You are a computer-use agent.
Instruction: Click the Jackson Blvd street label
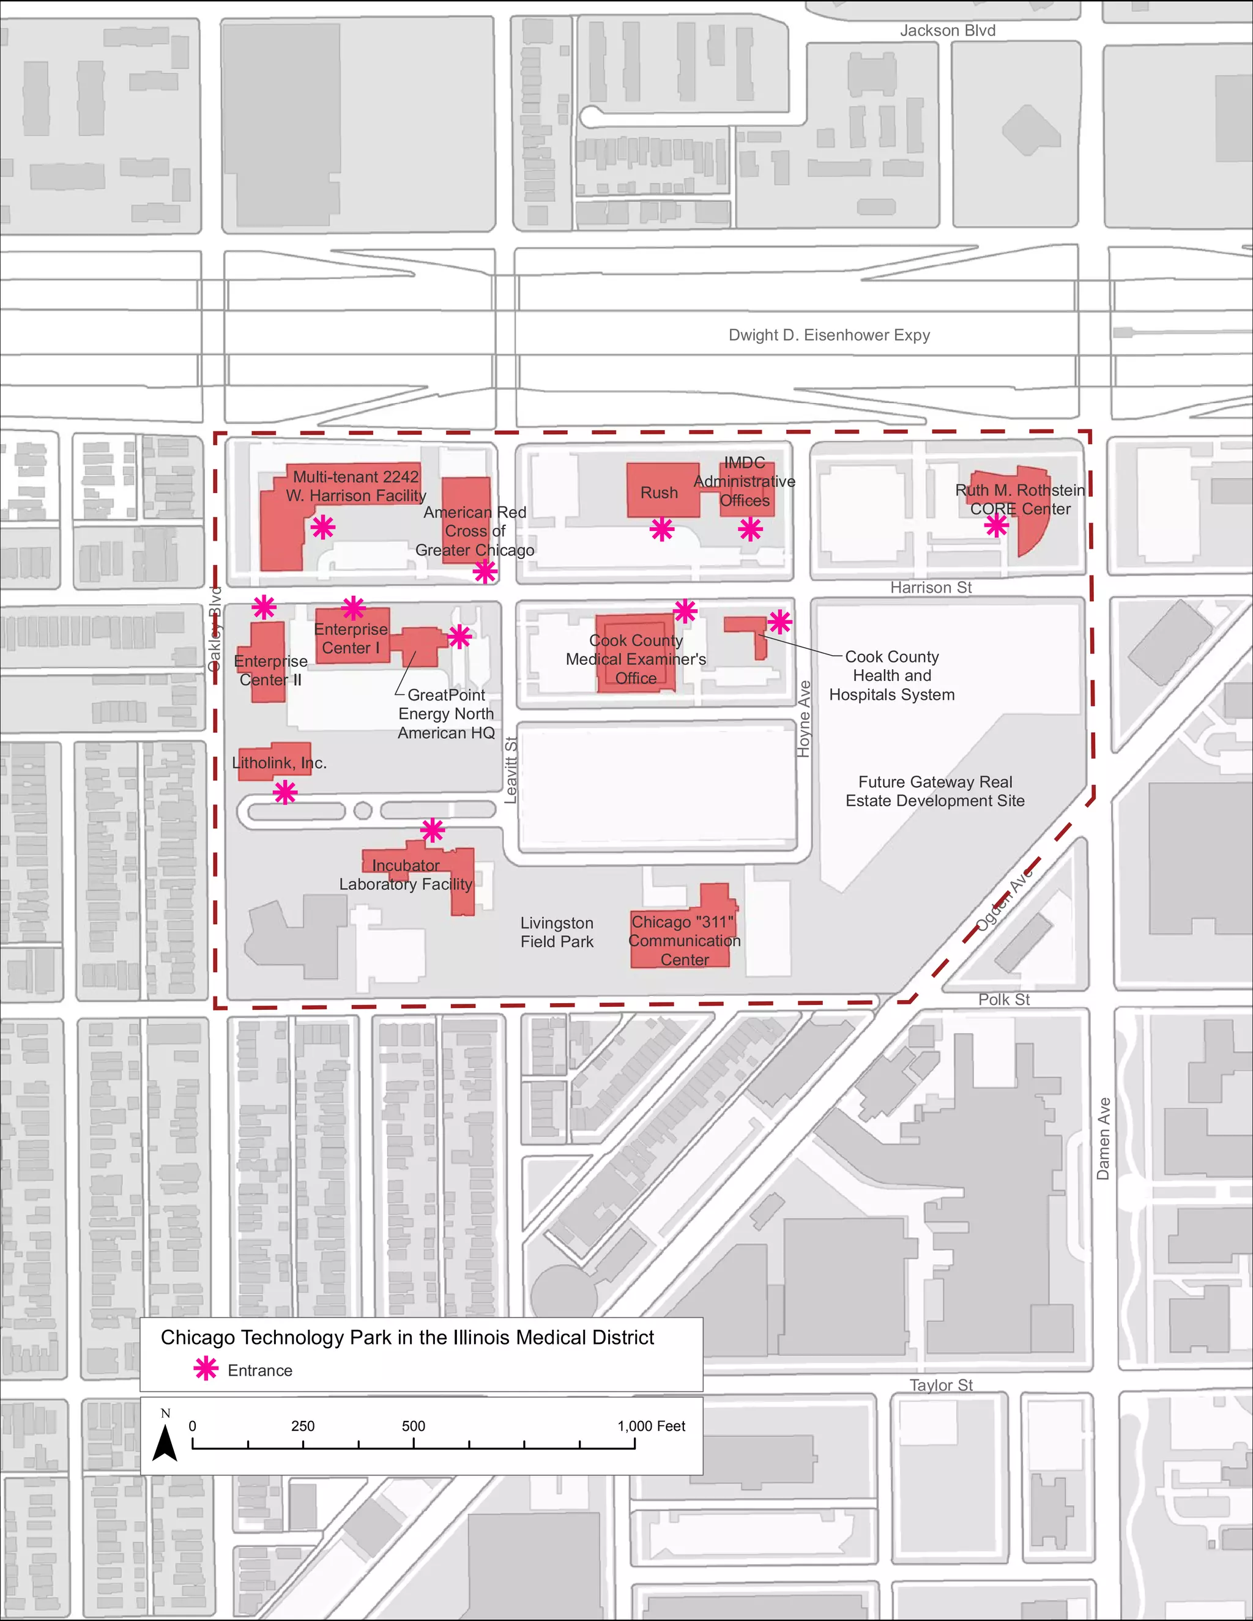point(947,31)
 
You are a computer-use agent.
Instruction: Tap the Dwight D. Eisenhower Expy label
point(828,335)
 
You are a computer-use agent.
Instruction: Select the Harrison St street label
point(930,587)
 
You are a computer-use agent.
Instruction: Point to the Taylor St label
point(940,1385)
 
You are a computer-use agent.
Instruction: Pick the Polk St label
point(1003,999)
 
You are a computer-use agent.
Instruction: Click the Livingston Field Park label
point(557,932)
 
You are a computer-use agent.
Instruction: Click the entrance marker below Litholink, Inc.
point(285,793)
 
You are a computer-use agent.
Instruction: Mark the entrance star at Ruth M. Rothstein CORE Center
point(995,525)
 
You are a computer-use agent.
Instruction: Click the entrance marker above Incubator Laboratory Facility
point(432,830)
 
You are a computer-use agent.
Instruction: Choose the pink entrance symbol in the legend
point(206,1370)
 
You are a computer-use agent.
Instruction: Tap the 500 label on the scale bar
point(414,1426)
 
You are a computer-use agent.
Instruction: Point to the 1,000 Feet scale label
point(651,1426)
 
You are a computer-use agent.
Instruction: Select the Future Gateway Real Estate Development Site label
point(935,791)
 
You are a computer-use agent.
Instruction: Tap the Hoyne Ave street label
point(804,719)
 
